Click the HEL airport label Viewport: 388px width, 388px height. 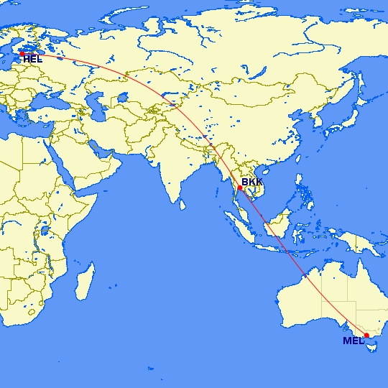point(32,59)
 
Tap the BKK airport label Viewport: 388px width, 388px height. point(252,183)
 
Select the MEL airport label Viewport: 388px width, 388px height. point(354,341)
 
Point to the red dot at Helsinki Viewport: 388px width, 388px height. point(22,53)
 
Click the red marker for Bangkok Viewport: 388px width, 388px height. point(240,188)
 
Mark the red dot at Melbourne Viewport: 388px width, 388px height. point(366,336)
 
